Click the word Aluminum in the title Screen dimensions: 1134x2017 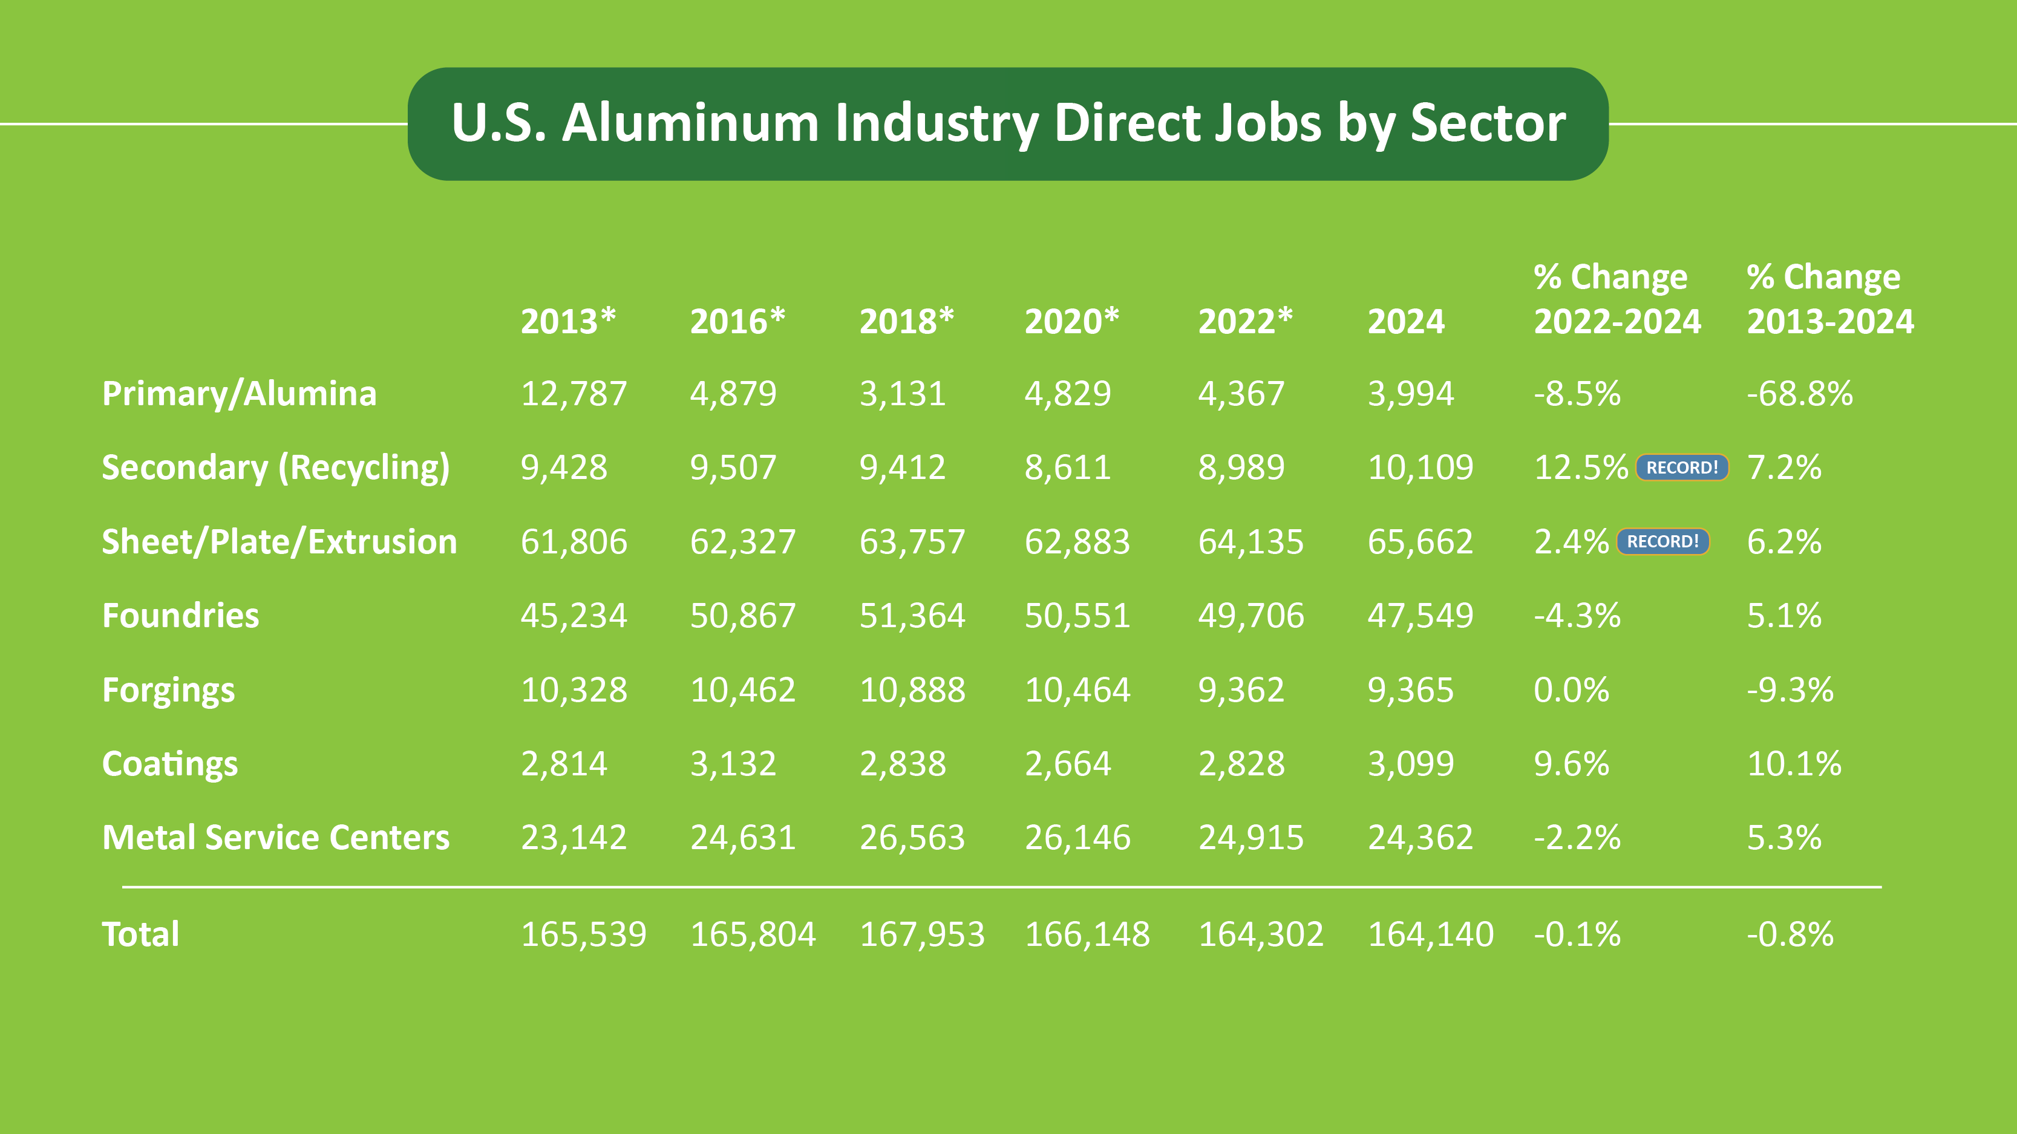pyautogui.click(x=690, y=123)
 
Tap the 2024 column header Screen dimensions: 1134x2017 pyautogui.click(x=1405, y=322)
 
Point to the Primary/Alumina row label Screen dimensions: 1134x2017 pyautogui.click(x=239, y=394)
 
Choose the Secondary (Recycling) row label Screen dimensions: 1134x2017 pyautogui.click(x=276, y=468)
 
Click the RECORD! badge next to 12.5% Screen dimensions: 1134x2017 pyautogui.click(x=1681, y=468)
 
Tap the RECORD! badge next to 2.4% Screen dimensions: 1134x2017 pyautogui.click(x=1662, y=541)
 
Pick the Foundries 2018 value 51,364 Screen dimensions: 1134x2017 pyautogui.click(x=912, y=616)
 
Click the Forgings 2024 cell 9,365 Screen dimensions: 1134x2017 pyautogui.click(x=1410, y=690)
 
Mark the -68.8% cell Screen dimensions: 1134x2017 pyautogui.click(x=1799, y=394)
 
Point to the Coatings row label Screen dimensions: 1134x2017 pyautogui.click(x=170, y=764)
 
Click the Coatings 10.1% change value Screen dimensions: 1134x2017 pyautogui.click(x=1794, y=764)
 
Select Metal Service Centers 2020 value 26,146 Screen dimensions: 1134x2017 pyautogui.click(x=1077, y=838)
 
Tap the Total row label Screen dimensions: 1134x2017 pyautogui.click(x=141, y=934)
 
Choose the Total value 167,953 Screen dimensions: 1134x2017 pyautogui.click(x=921, y=934)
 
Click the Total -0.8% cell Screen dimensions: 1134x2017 pyautogui.click(x=1790, y=934)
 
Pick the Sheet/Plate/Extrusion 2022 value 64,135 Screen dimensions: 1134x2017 pyautogui.click(x=1250, y=541)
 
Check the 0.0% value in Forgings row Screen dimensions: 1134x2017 pyautogui.click(x=1571, y=690)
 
